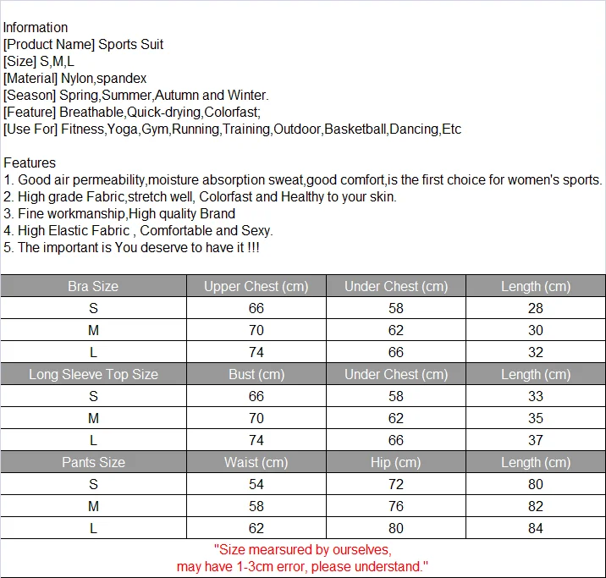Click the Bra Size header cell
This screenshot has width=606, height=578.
point(93,286)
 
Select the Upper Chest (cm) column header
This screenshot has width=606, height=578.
point(256,286)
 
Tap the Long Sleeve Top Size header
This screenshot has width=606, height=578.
point(93,374)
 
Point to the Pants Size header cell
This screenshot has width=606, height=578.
point(93,462)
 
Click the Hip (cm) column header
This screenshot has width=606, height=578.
point(395,462)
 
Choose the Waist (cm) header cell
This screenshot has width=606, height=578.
point(256,462)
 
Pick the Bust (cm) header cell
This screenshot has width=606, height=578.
point(256,374)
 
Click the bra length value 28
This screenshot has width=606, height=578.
point(535,308)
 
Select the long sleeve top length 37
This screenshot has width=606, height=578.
point(535,440)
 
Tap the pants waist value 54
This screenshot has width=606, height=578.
point(256,484)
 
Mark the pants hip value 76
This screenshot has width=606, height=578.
point(395,506)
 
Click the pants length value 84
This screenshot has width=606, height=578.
point(535,528)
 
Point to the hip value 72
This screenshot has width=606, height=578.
point(395,484)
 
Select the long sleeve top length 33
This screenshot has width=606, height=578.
point(535,396)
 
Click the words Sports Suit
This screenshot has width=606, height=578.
point(131,44)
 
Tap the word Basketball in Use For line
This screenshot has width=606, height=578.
point(355,129)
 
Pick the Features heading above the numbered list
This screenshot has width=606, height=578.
point(30,162)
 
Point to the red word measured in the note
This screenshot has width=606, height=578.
point(286,548)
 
